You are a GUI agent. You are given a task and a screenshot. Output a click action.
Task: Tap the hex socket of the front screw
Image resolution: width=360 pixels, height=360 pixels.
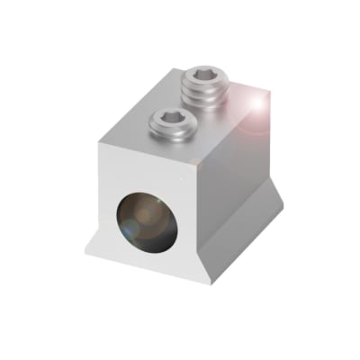click(x=169, y=115)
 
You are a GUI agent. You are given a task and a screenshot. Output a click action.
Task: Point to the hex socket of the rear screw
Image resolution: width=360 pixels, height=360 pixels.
click(x=207, y=77)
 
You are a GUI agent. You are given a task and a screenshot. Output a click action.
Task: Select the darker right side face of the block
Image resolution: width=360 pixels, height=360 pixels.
click(x=236, y=180)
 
